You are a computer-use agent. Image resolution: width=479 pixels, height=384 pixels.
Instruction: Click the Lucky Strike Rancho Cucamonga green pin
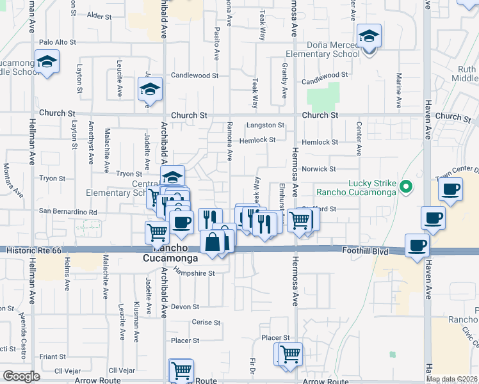405,188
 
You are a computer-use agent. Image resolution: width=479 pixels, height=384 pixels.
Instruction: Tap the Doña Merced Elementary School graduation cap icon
369,36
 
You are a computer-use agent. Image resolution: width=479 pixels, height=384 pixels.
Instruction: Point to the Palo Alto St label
58,42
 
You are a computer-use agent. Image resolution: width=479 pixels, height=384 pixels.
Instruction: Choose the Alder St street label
99,15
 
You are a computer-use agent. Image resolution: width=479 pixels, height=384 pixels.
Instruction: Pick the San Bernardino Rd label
68,212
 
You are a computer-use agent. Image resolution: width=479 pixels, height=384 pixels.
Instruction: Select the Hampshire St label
195,273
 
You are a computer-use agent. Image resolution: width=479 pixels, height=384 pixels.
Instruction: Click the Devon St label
185,307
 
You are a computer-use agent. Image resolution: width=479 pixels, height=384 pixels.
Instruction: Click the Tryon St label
129,174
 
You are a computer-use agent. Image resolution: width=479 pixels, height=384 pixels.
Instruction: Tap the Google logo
21,376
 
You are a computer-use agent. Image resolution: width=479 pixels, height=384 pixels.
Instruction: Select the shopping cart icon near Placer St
289,353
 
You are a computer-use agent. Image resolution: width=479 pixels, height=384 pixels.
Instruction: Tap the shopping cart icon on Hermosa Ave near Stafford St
300,221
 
